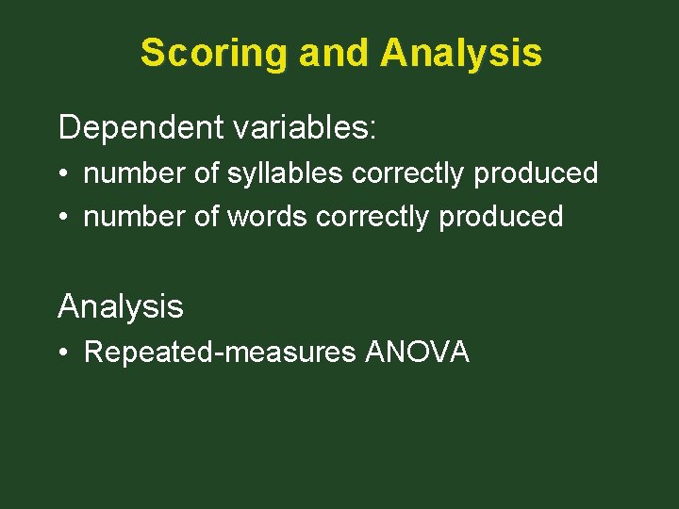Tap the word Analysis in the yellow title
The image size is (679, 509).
[461, 53]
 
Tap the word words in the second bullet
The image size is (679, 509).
[267, 217]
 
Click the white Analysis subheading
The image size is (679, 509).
[121, 306]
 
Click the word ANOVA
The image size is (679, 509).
[417, 353]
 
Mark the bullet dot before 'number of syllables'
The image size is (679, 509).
[63, 174]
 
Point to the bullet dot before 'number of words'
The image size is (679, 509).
[63, 218]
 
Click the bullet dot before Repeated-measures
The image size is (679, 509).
[63, 353]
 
